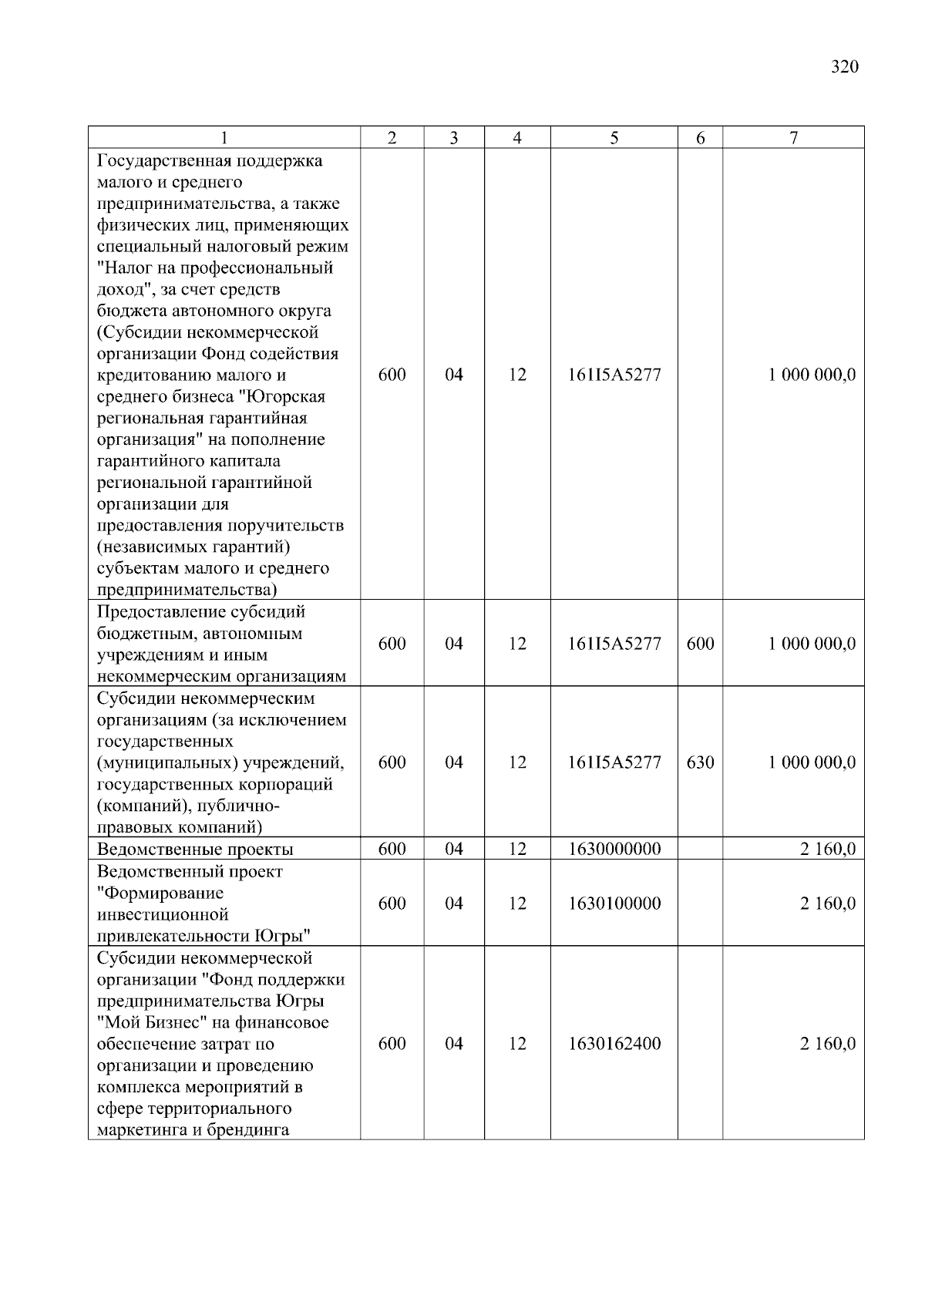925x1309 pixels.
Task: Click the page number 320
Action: (845, 67)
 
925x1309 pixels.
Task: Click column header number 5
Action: (614, 138)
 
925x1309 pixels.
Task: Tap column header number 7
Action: (793, 138)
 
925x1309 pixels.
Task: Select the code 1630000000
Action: (614, 850)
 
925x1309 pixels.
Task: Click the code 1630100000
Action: (614, 904)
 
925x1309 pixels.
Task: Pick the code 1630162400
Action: (614, 1044)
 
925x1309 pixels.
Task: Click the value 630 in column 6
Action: (700, 762)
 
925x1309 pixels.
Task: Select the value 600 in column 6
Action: (700, 644)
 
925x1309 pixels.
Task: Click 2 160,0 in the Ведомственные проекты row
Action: (827, 850)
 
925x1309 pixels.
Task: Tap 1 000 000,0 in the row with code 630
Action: (811, 762)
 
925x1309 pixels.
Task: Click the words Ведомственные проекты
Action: (195, 850)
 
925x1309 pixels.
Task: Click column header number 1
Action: (224, 138)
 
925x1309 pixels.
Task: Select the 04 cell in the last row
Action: (454, 1044)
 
